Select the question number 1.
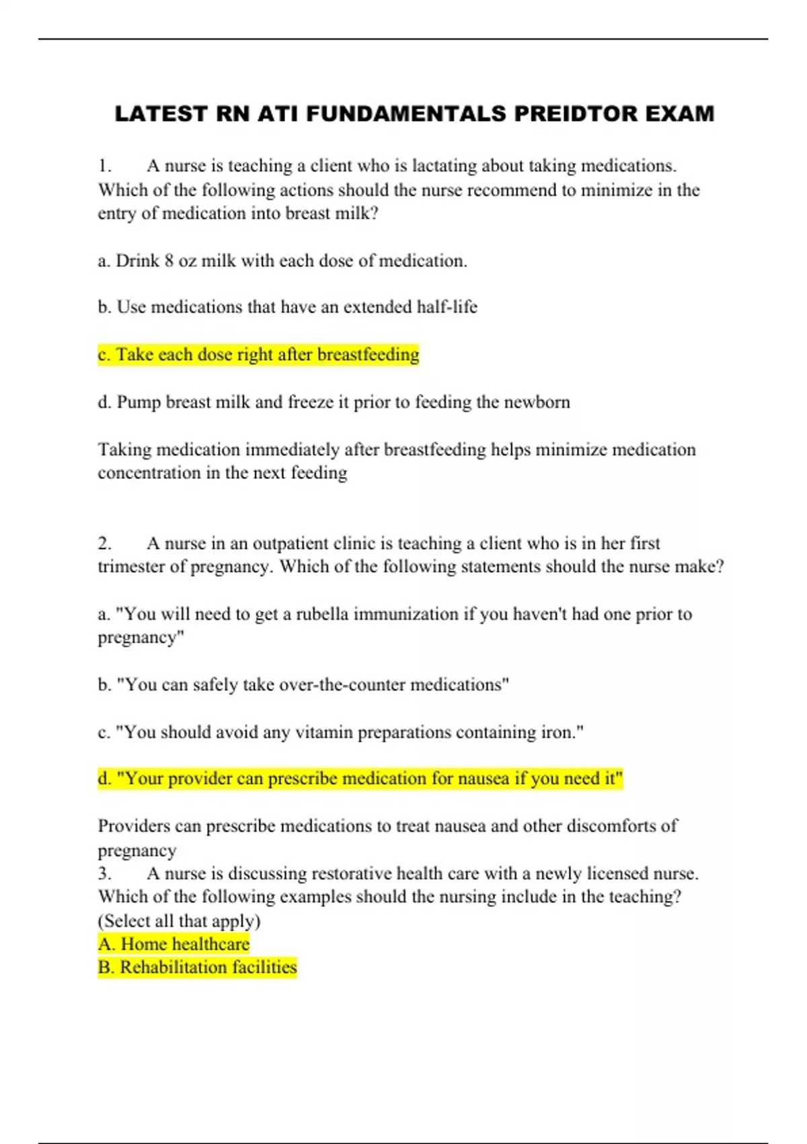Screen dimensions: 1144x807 coord(104,166)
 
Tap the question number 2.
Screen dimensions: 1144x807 coord(104,543)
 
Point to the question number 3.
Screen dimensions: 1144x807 coord(104,873)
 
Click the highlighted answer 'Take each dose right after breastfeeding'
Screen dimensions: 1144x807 coord(258,354)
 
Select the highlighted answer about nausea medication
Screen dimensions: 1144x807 coord(360,779)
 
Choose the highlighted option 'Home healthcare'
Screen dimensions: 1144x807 coord(174,944)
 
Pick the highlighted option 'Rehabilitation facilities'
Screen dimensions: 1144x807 coord(197,967)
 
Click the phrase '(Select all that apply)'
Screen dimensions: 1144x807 coord(179,921)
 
